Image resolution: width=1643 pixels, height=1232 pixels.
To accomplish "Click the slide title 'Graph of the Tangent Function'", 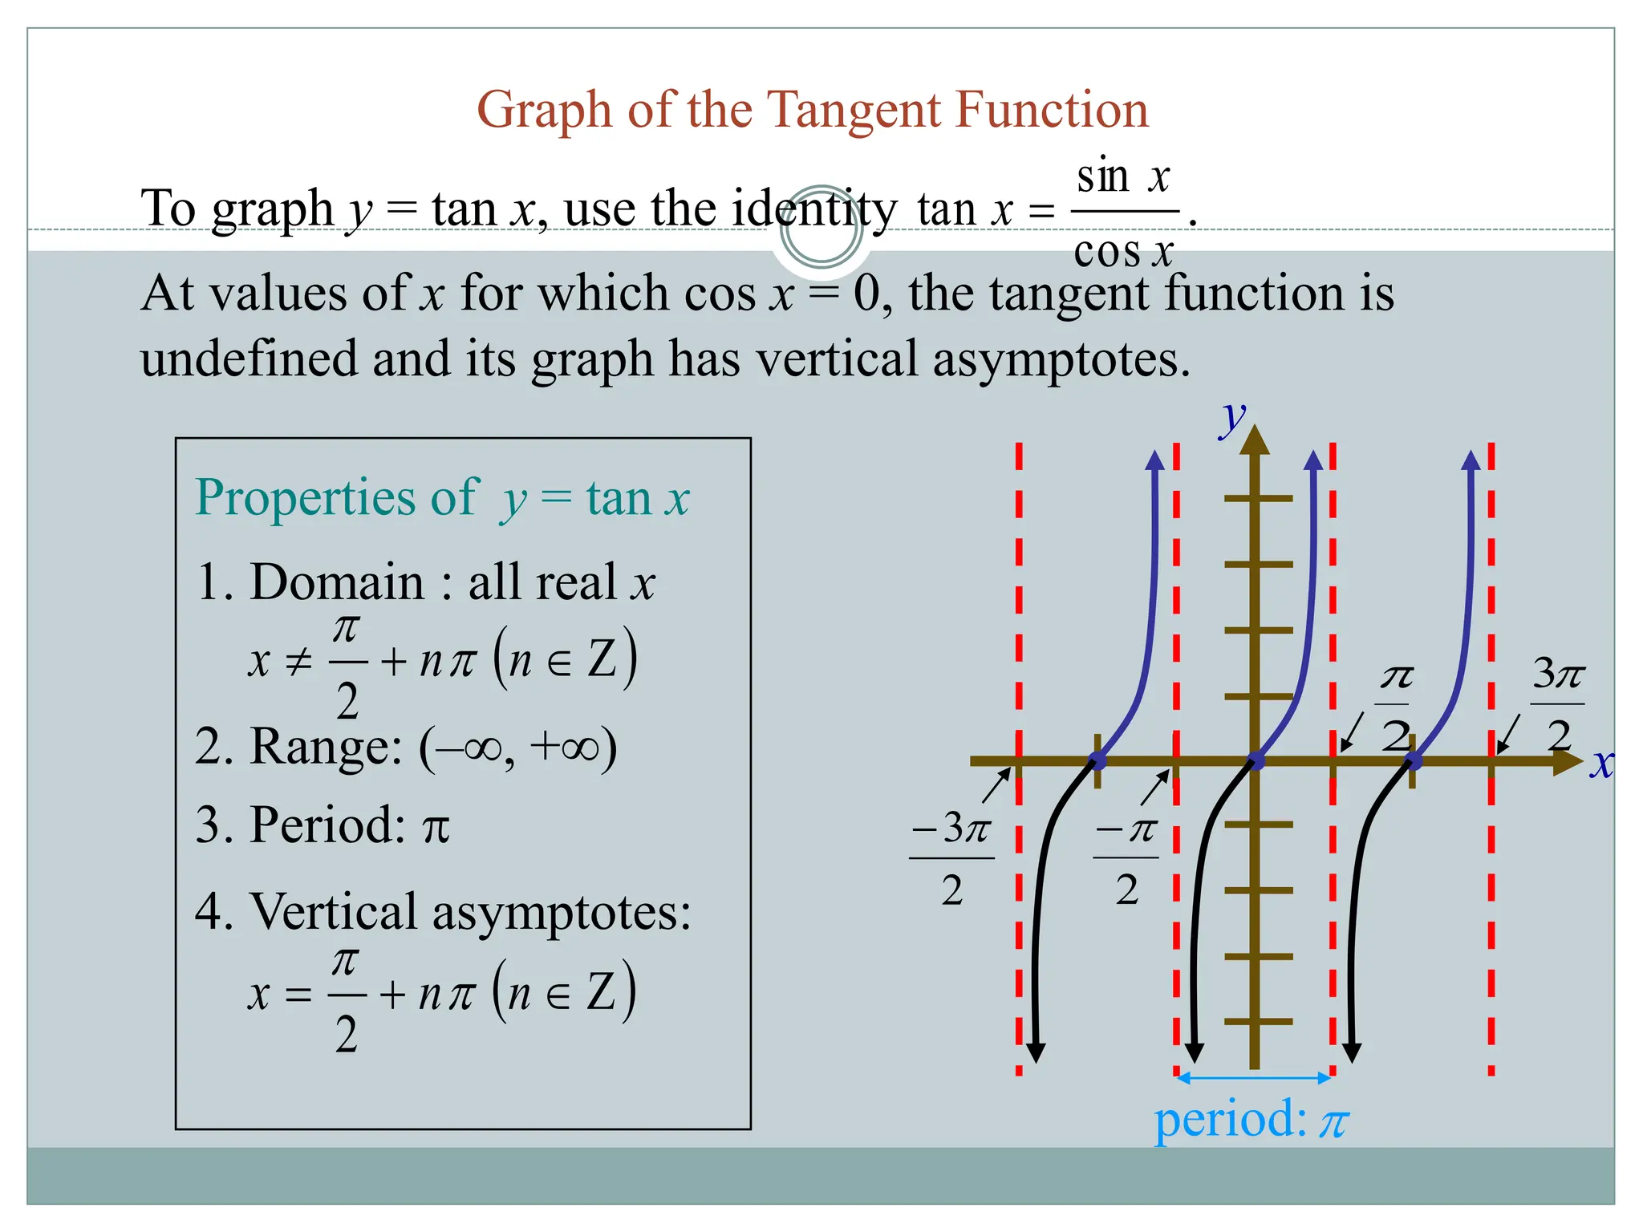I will tap(812, 110).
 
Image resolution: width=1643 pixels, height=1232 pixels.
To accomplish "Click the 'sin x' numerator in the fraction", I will tap(1123, 176).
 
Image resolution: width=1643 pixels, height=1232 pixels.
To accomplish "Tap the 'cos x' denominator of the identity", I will tap(1123, 252).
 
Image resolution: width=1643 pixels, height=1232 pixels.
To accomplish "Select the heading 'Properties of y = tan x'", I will tap(442, 498).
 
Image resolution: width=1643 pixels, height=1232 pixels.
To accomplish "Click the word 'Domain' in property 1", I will tap(337, 582).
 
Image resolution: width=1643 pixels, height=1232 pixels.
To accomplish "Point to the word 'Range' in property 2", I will tap(325, 747).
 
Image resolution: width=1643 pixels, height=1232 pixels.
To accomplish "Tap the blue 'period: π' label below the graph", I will tap(1251, 1120).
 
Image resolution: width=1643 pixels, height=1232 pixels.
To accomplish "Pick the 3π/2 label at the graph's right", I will tap(1558, 703).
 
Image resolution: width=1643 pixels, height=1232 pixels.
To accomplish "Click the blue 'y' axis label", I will tap(1232, 418).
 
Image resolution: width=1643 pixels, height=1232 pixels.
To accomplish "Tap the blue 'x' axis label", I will tap(1601, 764).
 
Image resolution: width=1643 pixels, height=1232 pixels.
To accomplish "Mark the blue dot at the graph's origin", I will tap(1256, 760).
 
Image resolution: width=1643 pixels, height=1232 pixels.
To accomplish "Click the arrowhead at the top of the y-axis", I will tap(1255, 440).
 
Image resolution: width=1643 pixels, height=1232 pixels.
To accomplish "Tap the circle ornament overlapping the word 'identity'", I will tap(821, 227).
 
